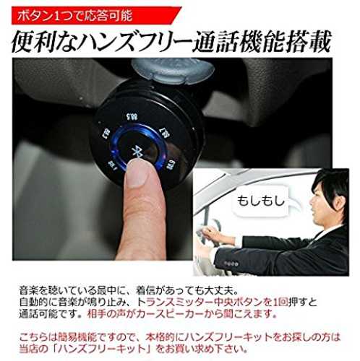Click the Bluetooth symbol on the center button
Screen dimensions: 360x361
click(x=136, y=152)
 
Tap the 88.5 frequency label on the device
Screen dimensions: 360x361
click(x=132, y=117)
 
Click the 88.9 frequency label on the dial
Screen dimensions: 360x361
click(x=170, y=164)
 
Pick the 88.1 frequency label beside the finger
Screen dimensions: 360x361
click(x=112, y=165)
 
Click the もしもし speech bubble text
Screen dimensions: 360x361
click(x=261, y=201)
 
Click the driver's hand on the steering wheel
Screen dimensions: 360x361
click(x=212, y=232)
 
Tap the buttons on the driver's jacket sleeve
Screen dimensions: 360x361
click(x=231, y=264)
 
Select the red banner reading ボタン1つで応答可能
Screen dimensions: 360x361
click(x=96, y=16)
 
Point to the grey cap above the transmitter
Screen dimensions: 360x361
click(x=173, y=70)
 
